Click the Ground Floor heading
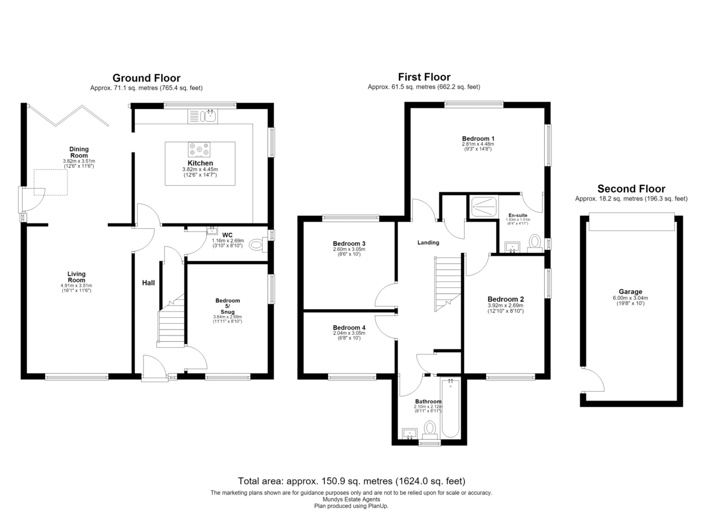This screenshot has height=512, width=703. [x=146, y=78]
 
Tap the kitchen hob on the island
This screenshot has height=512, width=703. [x=199, y=150]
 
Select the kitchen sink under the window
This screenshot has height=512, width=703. [x=203, y=116]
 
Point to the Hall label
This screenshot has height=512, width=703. [x=148, y=283]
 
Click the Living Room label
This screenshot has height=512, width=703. [x=76, y=277]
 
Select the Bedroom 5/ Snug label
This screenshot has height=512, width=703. [x=227, y=306]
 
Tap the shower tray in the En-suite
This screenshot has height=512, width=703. [x=484, y=206]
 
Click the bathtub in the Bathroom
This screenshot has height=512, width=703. [x=451, y=408]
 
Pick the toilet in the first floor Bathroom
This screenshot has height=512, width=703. [x=429, y=430]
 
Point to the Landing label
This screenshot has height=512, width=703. [x=428, y=242]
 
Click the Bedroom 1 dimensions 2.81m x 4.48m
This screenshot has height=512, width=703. [x=477, y=144]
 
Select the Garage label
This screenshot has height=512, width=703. [x=630, y=291]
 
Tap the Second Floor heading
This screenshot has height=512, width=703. [x=631, y=189]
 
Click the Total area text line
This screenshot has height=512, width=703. [x=351, y=481]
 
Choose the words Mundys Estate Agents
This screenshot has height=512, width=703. [x=351, y=499]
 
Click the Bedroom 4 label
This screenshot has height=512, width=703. [x=349, y=328]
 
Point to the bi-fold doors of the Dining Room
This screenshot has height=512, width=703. [x=69, y=116]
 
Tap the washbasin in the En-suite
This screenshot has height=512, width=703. [x=512, y=247]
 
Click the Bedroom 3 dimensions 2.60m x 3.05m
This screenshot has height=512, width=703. [x=349, y=249]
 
